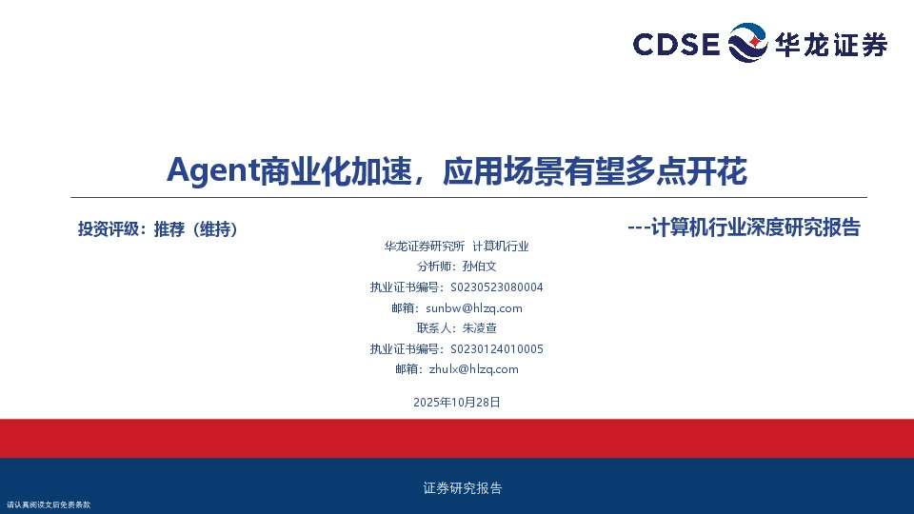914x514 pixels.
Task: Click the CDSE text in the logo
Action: point(677,45)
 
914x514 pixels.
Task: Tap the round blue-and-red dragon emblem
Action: point(747,44)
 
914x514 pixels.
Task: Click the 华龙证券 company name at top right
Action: point(831,45)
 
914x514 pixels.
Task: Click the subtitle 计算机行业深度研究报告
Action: point(755,227)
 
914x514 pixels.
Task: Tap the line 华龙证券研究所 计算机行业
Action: point(456,246)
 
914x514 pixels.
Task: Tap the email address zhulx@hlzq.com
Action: point(473,369)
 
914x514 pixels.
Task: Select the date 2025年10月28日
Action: point(457,403)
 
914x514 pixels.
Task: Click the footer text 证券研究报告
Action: point(462,488)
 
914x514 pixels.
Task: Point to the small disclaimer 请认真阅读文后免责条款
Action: point(48,504)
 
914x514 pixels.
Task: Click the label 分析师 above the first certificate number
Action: point(430,267)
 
